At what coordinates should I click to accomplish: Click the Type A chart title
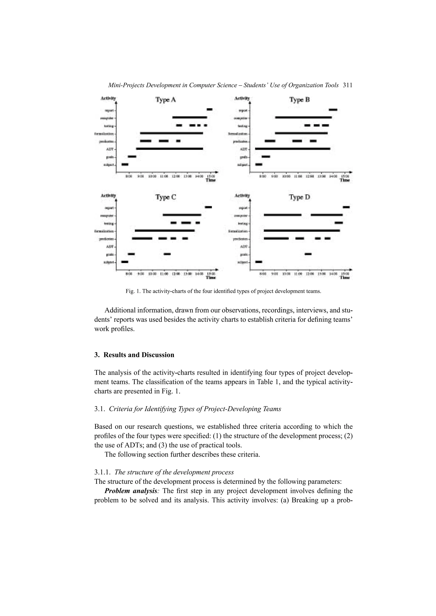click(x=166, y=100)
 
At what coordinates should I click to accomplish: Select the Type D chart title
click(x=299, y=197)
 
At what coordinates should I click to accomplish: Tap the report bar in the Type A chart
click(x=209, y=109)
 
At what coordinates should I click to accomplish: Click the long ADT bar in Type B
click(x=293, y=148)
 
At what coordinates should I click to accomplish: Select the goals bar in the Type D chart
click(x=308, y=254)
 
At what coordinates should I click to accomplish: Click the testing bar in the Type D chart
click(x=338, y=223)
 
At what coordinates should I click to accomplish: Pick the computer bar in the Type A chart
click(x=189, y=117)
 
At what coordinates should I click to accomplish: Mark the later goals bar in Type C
click(x=167, y=254)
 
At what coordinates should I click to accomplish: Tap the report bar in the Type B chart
click(x=333, y=109)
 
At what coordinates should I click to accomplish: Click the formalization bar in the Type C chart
click(x=165, y=230)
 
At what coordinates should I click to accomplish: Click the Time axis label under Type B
click(x=345, y=180)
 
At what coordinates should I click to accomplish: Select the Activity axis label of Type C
click(x=108, y=195)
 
